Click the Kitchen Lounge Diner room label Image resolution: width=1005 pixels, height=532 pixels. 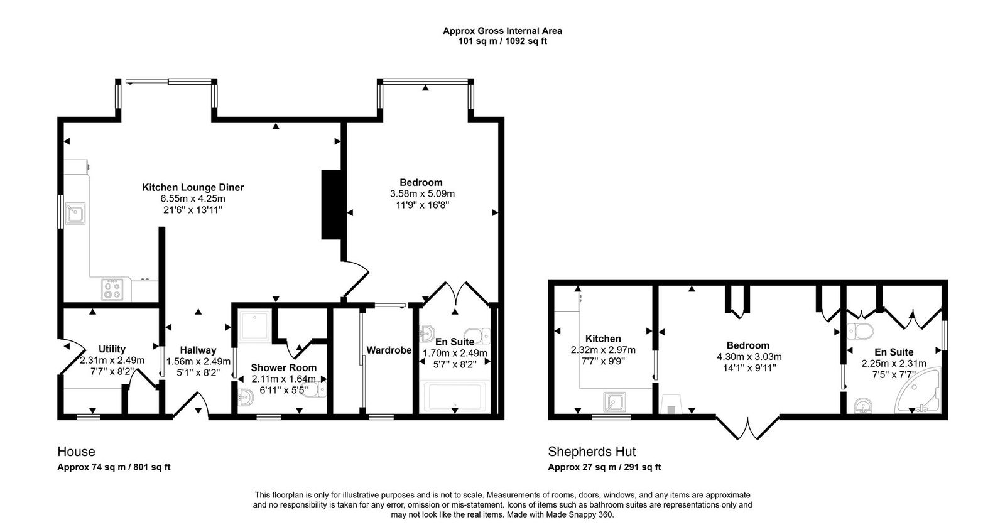(x=193, y=187)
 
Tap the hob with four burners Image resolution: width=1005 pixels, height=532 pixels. (x=113, y=290)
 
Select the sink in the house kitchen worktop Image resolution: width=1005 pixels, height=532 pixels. (x=76, y=214)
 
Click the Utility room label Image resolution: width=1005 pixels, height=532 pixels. (x=112, y=349)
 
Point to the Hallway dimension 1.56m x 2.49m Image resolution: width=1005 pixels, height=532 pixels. (x=198, y=361)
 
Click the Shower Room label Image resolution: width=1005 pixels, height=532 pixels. (x=283, y=367)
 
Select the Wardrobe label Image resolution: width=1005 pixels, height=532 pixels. (x=388, y=350)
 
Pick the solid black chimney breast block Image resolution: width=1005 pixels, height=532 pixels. (x=331, y=204)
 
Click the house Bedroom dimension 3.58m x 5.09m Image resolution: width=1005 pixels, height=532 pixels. (x=421, y=193)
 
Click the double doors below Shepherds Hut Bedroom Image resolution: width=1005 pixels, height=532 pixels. (x=747, y=428)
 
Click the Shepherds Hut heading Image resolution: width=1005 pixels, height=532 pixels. (x=592, y=452)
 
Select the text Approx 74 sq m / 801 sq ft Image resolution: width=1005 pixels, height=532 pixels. (x=114, y=467)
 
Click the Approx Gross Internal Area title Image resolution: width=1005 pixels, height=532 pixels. (x=503, y=30)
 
